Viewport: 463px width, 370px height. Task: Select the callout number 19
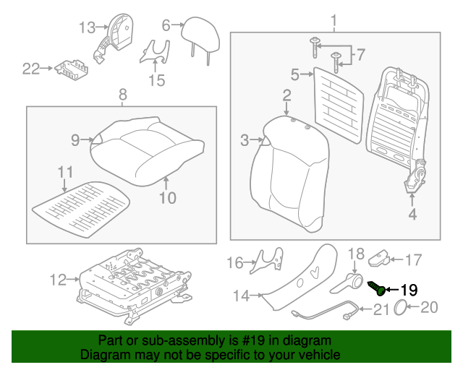[x=409, y=290]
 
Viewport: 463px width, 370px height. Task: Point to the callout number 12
[x=58, y=279]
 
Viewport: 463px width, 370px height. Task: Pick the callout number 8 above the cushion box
[x=122, y=94]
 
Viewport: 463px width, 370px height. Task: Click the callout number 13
[x=87, y=28]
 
